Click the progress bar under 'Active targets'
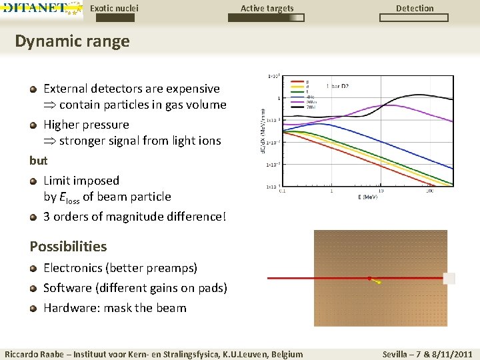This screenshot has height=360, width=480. click(266, 18)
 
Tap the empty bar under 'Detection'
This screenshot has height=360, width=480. click(415, 18)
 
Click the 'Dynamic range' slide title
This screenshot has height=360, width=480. click(72, 41)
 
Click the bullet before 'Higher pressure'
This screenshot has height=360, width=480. click(33, 125)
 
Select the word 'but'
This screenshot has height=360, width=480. click(39, 161)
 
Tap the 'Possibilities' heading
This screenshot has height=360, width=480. click(68, 246)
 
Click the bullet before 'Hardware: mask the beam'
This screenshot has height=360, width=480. click(33, 308)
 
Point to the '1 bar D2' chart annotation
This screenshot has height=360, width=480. click(337, 86)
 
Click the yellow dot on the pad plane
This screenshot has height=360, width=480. click(379, 283)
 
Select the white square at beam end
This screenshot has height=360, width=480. click(449, 278)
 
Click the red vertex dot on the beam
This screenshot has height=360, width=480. click(369, 278)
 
